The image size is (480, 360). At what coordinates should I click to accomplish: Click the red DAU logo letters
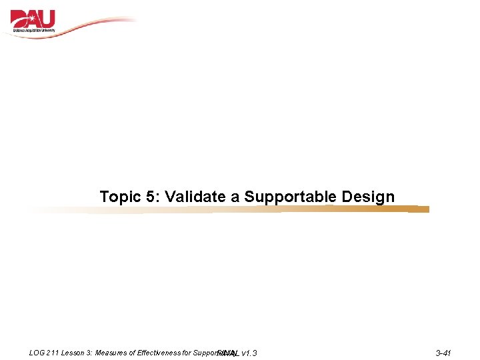pos(33,19)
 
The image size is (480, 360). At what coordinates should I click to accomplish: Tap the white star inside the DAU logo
pos(18,16)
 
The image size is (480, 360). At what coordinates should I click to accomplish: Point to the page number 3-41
pos(443,353)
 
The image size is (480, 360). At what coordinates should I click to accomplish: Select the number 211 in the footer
pos(54,352)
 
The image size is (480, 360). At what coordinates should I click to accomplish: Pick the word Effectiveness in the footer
pos(159,352)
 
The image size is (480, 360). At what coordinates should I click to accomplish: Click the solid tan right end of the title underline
pos(418,209)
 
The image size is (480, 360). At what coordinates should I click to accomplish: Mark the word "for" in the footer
pos(186,352)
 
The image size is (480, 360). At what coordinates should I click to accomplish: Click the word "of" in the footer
pos(132,352)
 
